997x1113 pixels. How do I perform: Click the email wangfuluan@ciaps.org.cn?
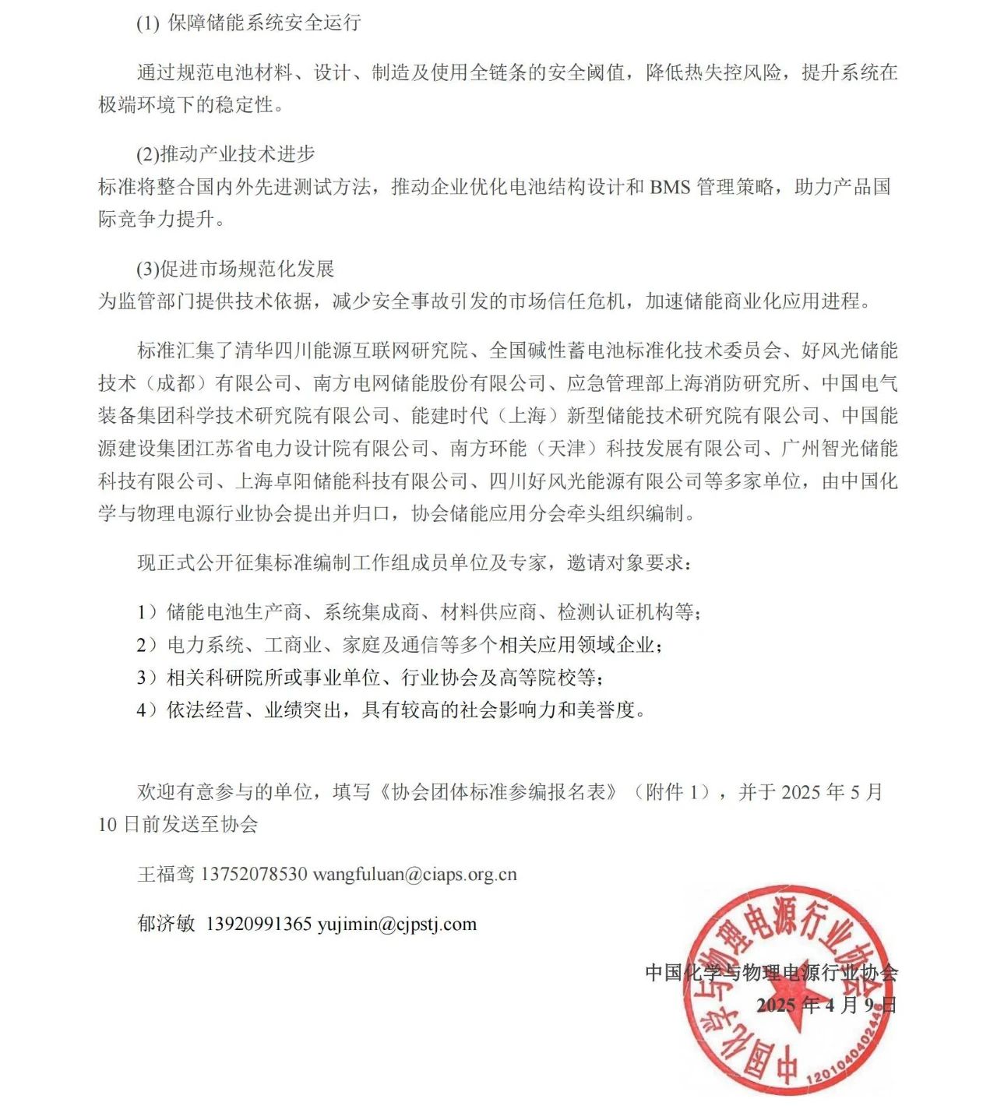414,875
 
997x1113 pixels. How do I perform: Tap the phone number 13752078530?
253,875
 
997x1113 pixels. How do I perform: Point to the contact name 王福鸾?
166,875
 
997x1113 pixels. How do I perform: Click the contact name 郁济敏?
166,925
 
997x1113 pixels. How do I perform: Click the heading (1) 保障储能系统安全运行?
248,23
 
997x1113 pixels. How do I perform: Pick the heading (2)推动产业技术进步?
226,154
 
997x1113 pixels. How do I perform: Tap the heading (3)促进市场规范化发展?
235,269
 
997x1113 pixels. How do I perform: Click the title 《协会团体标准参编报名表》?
498,792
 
